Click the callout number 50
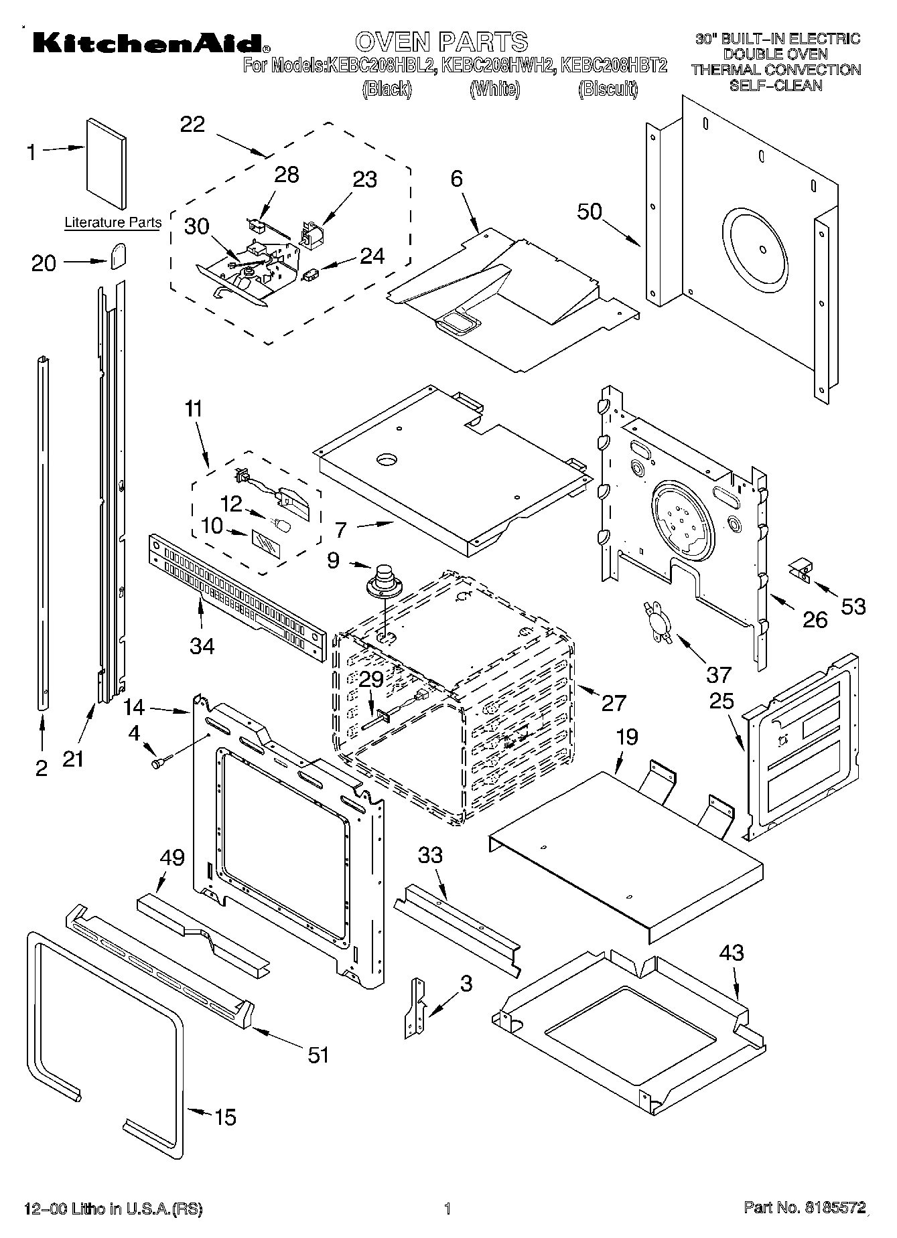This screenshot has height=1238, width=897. click(x=590, y=212)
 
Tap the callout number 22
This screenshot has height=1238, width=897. click(x=192, y=125)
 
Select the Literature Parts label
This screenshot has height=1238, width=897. click(x=113, y=223)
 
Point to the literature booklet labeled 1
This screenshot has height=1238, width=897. click(x=105, y=163)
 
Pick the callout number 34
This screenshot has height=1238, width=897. click(x=202, y=645)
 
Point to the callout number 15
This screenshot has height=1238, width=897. click(x=226, y=1117)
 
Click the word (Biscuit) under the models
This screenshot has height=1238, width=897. click(x=608, y=89)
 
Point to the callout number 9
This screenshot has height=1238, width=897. click(x=333, y=560)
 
